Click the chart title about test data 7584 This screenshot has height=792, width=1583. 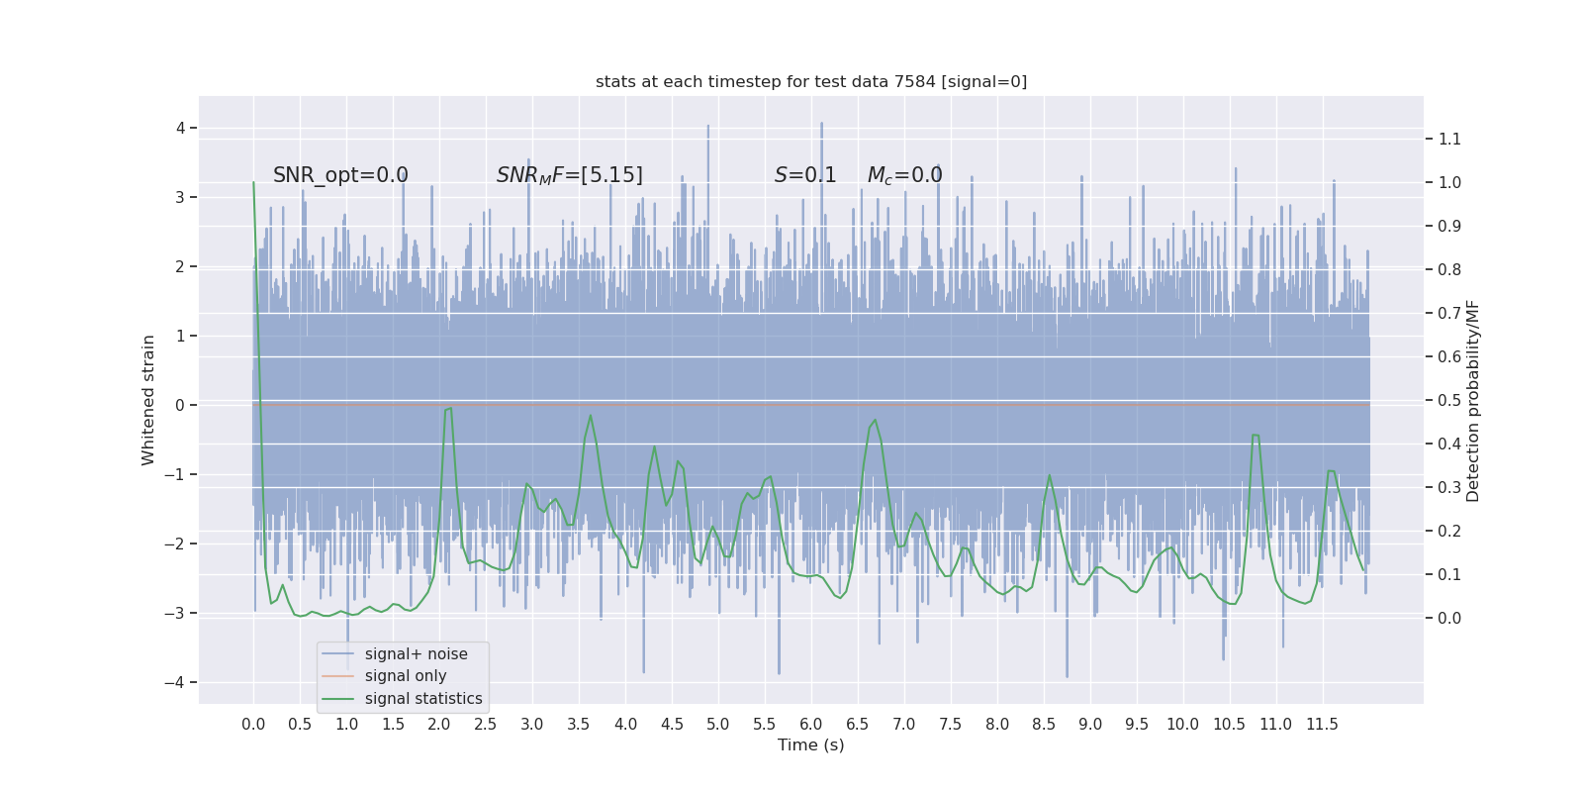(811, 82)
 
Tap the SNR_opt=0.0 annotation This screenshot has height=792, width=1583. (340, 175)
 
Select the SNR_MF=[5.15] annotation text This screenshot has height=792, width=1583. (569, 175)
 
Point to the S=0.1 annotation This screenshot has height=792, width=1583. (805, 175)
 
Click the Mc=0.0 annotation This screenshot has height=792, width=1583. (904, 175)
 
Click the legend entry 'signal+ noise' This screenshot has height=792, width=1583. (416, 654)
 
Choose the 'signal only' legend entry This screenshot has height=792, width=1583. (406, 676)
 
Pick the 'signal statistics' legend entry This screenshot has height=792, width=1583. (423, 699)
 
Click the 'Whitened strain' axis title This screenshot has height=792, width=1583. (148, 400)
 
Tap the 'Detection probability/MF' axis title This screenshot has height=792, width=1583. (1473, 400)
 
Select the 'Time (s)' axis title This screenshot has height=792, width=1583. (811, 745)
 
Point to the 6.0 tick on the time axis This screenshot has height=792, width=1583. (811, 725)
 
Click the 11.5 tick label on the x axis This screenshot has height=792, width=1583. (1322, 725)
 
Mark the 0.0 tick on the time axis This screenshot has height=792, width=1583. (253, 725)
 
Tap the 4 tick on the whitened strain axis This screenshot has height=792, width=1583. (181, 128)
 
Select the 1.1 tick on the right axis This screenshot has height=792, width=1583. (1449, 139)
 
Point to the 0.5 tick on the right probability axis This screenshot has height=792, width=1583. (1449, 400)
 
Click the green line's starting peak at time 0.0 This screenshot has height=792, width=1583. (254, 182)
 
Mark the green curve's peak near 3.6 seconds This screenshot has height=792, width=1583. (591, 416)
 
